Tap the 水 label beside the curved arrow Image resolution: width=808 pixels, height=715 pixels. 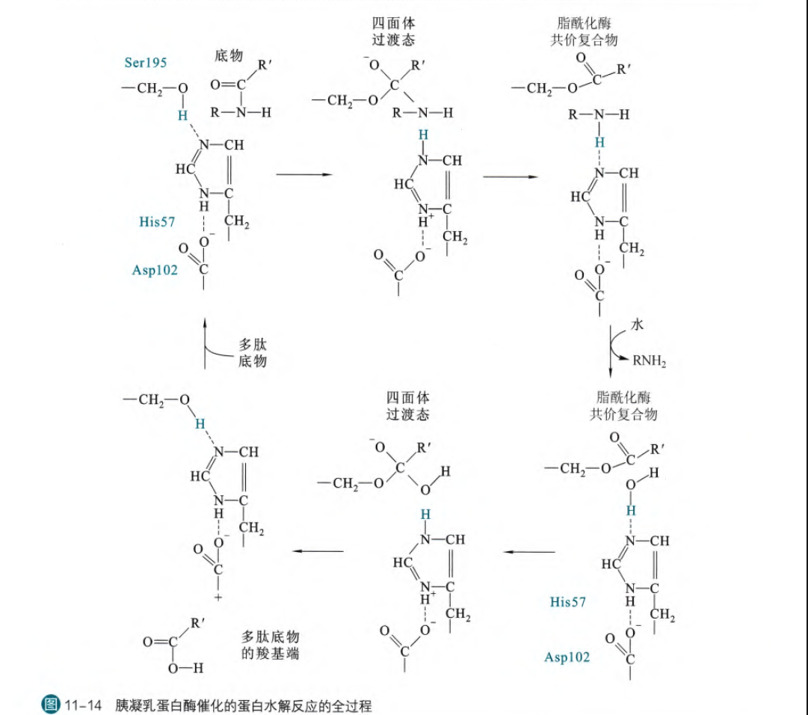[637, 325]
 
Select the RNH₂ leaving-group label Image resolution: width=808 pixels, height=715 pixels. [649, 361]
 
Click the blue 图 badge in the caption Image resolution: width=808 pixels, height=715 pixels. [51, 705]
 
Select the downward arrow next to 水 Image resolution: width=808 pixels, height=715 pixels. [611, 352]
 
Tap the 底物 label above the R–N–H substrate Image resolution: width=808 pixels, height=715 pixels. [228, 55]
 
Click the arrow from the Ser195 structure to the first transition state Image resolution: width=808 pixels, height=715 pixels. [303, 175]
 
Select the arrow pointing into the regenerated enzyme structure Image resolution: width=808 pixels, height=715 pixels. [318, 552]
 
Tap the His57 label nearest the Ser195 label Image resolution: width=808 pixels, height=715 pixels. [158, 221]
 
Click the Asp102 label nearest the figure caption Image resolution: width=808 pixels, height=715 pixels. [567, 657]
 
